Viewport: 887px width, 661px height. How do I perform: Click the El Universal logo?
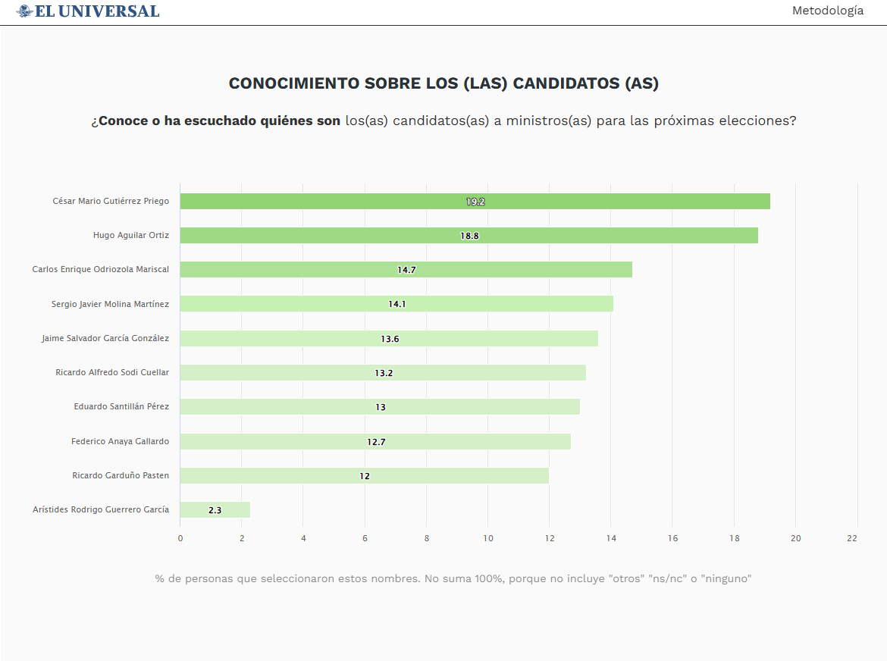(88, 11)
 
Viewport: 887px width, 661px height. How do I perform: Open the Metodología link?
(827, 11)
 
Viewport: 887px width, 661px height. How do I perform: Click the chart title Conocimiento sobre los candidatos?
(443, 83)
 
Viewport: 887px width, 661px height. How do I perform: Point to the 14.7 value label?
(406, 270)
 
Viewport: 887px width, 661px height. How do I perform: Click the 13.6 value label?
(390, 339)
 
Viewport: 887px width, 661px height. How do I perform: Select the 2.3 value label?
(215, 510)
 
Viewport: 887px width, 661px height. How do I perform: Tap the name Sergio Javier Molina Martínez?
(110, 304)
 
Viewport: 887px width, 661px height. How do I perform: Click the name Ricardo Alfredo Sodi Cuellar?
(112, 372)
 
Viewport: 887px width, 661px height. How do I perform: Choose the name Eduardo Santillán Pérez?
(121, 406)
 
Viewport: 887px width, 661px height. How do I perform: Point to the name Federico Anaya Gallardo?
(120, 441)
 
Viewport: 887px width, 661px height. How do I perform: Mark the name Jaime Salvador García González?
(105, 338)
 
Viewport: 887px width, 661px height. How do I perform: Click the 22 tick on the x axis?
(852, 538)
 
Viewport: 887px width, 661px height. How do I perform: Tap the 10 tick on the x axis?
(487, 538)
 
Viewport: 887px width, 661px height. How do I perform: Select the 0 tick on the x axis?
(180, 538)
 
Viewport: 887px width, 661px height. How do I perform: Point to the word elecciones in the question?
(754, 121)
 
